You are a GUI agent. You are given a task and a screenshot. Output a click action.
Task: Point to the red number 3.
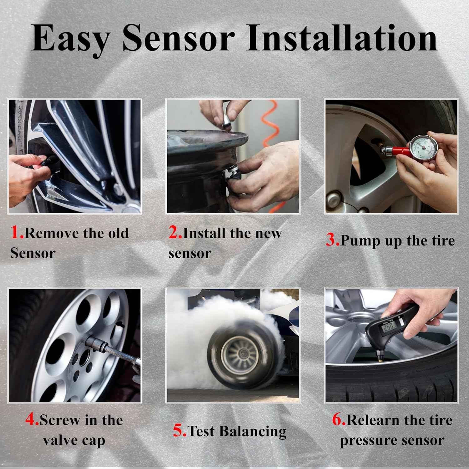click(x=332, y=240)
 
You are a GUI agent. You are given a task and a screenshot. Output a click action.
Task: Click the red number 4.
click(x=32, y=420)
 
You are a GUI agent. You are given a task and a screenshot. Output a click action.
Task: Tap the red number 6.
click(x=338, y=420)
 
